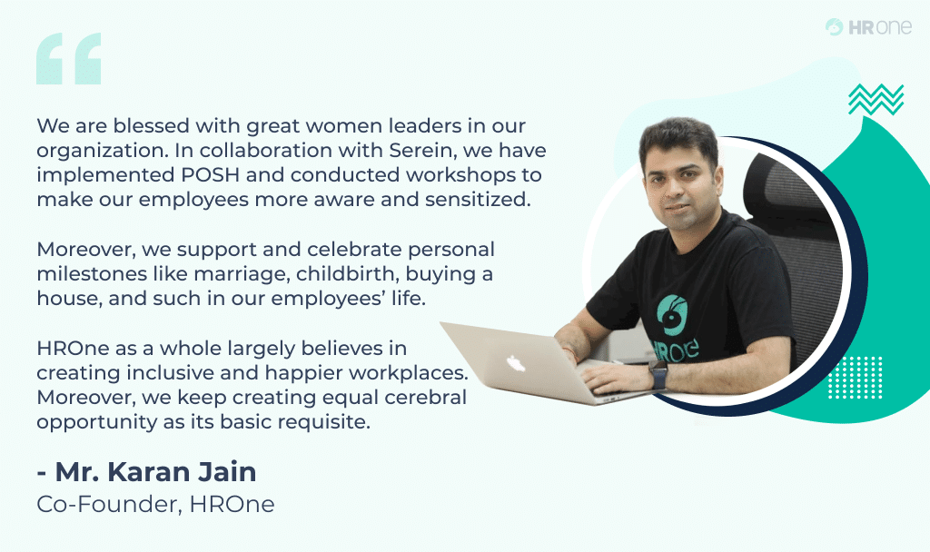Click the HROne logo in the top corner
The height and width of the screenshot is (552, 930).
868,27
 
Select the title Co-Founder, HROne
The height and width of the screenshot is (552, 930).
155,505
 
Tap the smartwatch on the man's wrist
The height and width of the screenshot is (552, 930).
658,373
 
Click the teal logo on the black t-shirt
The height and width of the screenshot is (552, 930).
673,313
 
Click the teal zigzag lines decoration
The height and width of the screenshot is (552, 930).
876,99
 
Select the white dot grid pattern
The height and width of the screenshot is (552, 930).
855,378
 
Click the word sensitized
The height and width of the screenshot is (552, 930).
479,200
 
